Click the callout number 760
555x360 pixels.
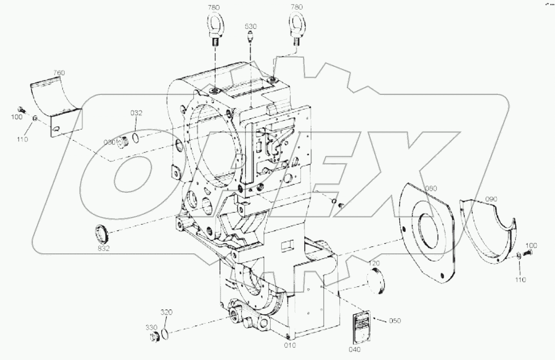[x=59, y=73]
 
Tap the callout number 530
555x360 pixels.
[x=250, y=27]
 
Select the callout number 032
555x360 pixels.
[x=136, y=113]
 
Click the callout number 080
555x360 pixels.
[x=430, y=188]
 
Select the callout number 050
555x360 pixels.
[x=395, y=321]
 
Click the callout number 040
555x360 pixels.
[x=355, y=349]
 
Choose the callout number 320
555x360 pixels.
[x=166, y=312]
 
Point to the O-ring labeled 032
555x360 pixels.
[x=136, y=137]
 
